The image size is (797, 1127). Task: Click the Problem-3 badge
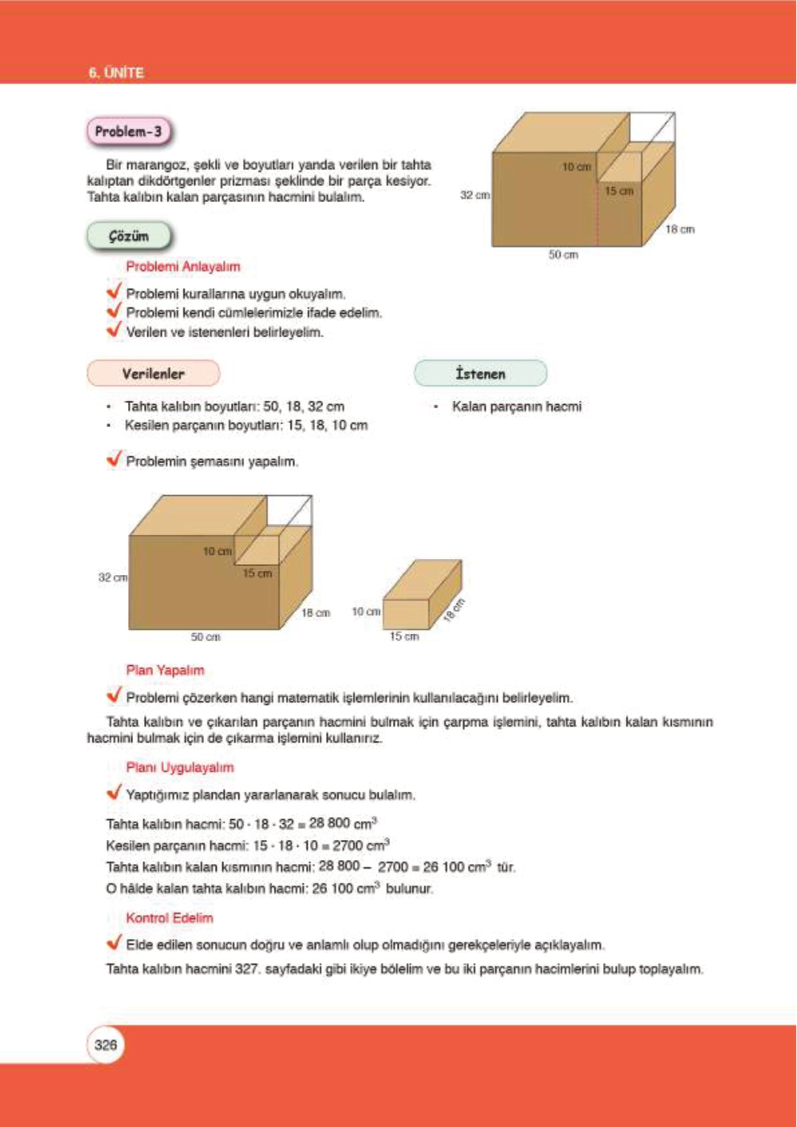(x=128, y=131)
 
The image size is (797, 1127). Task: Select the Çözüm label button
(x=128, y=236)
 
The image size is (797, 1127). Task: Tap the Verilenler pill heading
(x=153, y=374)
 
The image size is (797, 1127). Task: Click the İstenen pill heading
(x=480, y=374)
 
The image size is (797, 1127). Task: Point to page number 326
(x=106, y=1045)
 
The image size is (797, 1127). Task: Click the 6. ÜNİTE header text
(x=116, y=73)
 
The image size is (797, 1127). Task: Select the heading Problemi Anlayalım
(x=183, y=266)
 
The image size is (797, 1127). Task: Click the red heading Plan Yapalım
(x=165, y=670)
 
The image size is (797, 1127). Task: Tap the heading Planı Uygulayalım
(x=180, y=767)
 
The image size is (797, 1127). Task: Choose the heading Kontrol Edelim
(x=169, y=918)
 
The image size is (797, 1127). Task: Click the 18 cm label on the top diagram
(x=679, y=230)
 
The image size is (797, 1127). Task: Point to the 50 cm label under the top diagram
(x=563, y=255)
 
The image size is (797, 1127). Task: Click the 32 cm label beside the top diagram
(x=474, y=195)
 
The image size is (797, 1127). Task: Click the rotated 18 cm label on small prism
(x=454, y=610)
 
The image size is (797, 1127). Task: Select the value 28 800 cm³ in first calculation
(x=343, y=823)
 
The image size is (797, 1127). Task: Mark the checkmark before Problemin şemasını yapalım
(x=114, y=459)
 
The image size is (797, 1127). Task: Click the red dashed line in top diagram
(x=597, y=214)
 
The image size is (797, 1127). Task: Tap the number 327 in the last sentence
(x=247, y=969)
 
